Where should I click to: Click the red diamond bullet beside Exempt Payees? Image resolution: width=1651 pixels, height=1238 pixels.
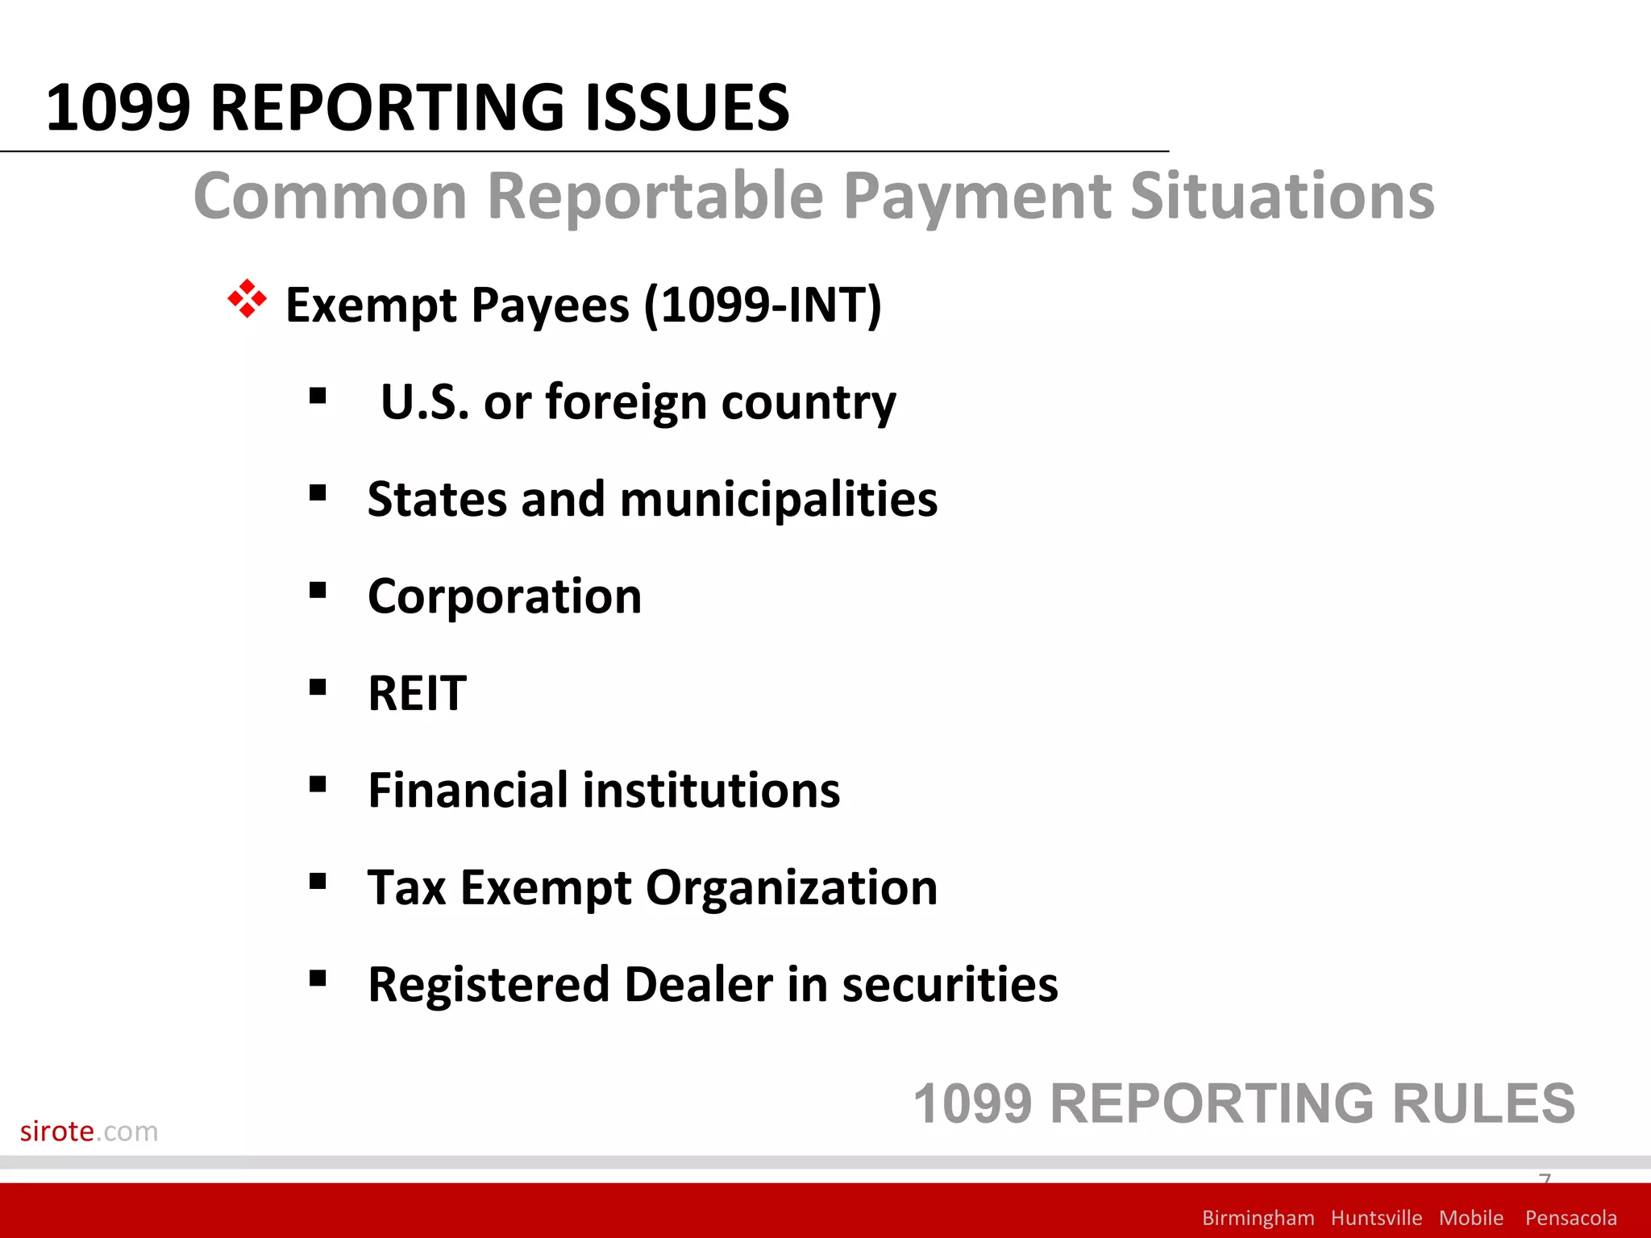point(247,300)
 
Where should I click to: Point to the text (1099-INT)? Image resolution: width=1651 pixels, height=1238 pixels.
point(762,305)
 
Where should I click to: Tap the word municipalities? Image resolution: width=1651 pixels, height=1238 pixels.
point(779,499)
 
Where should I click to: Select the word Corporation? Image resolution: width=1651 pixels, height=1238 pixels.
point(505,596)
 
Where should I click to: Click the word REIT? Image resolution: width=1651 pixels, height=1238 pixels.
point(417,693)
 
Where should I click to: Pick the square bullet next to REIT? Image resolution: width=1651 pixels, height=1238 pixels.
point(318,688)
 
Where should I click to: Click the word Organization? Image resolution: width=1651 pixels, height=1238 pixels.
point(792,887)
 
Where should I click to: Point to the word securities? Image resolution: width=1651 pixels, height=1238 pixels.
point(950,984)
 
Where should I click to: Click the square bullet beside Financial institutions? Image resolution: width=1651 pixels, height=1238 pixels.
point(318,784)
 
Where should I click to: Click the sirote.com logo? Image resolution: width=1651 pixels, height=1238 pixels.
point(89,1132)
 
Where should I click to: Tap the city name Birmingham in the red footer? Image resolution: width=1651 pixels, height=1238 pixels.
point(1258,1218)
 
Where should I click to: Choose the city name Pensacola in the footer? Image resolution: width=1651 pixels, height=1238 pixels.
point(1570,1218)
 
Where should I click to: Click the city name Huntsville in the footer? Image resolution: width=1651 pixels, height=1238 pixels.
point(1376,1218)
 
